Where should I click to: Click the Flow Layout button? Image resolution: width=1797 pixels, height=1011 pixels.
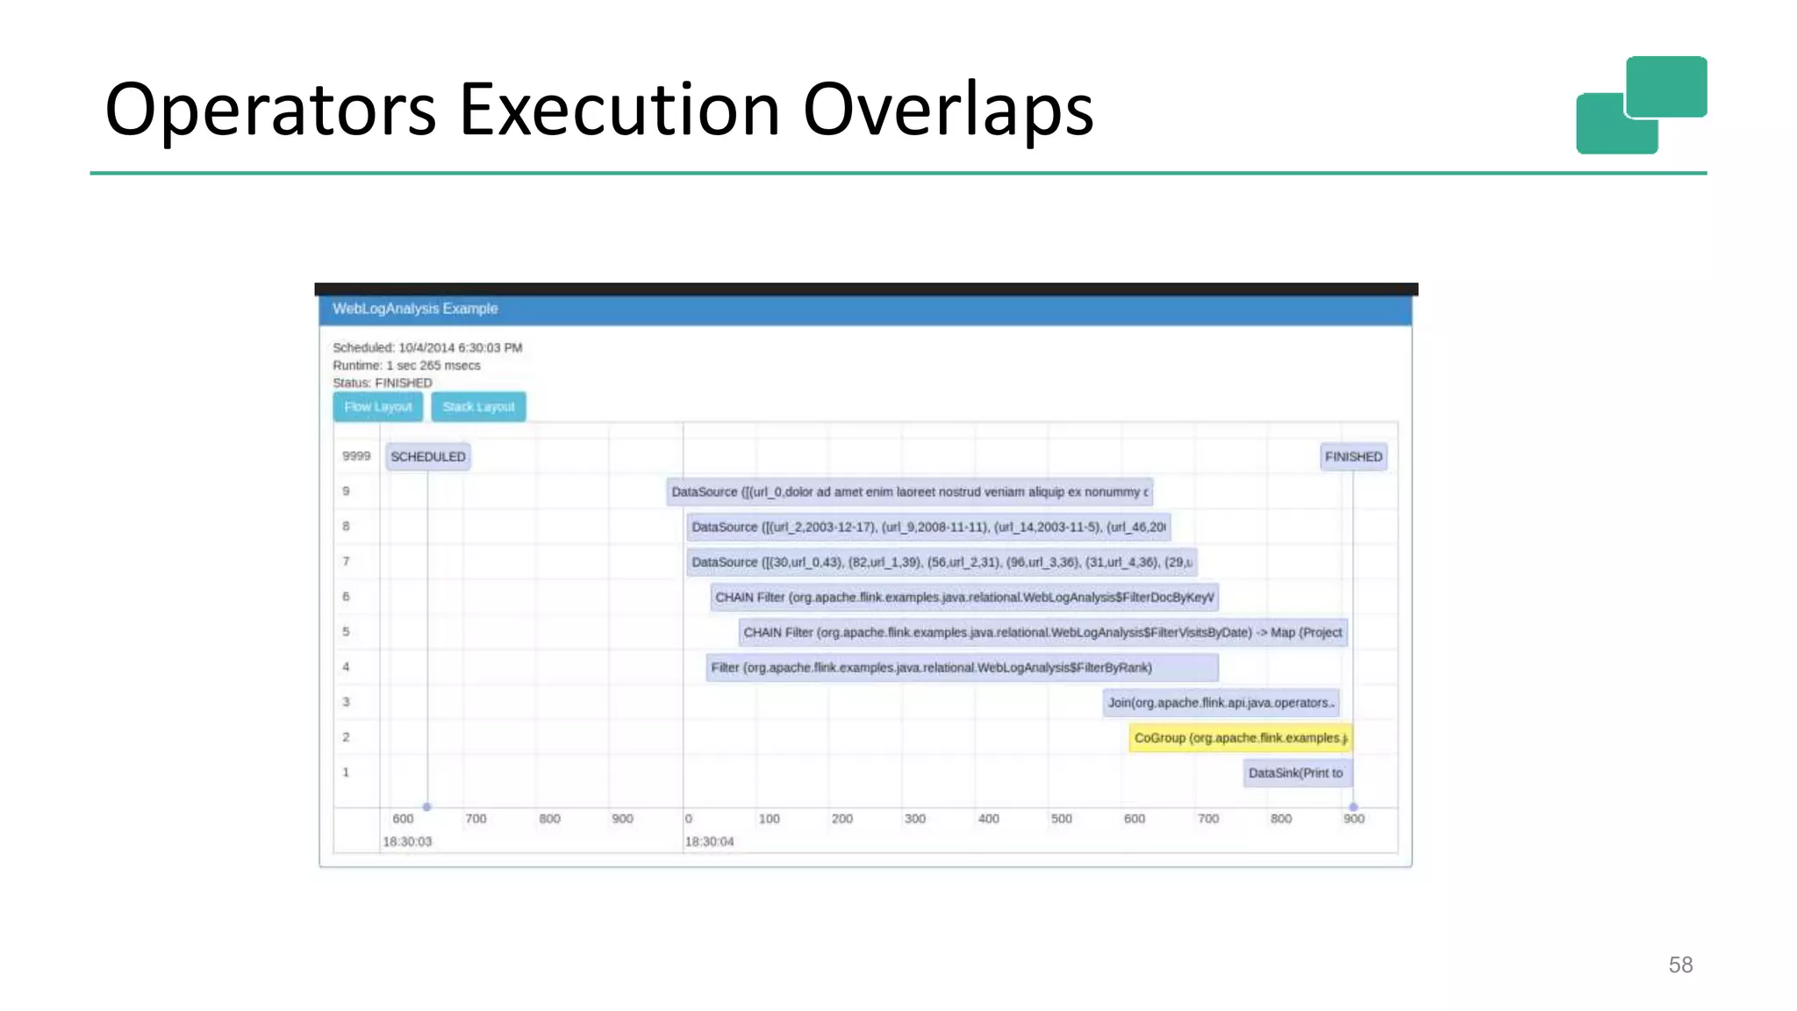pyautogui.click(x=377, y=407)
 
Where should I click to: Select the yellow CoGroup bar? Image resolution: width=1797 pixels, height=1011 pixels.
pyautogui.click(x=1240, y=738)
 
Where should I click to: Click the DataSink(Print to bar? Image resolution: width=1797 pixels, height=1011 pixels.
pyautogui.click(x=1296, y=773)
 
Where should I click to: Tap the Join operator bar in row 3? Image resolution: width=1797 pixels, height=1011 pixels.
pyautogui.click(x=1221, y=703)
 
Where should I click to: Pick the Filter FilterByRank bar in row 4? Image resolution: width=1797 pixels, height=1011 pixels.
pyautogui.click(x=962, y=668)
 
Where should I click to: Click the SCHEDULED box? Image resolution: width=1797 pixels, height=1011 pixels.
pyautogui.click(x=428, y=457)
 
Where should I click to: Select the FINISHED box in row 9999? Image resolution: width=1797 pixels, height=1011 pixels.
pyautogui.click(x=1353, y=457)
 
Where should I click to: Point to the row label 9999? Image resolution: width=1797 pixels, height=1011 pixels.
pyautogui.click(x=356, y=456)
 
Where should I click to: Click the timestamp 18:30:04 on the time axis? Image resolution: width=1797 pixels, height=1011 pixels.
pyautogui.click(x=709, y=842)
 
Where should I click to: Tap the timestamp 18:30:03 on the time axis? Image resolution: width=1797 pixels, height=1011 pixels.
pyautogui.click(x=407, y=842)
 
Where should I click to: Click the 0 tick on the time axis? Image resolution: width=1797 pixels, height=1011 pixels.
pyautogui.click(x=689, y=819)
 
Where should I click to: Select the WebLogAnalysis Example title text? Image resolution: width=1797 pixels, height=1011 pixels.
pyautogui.click(x=415, y=309)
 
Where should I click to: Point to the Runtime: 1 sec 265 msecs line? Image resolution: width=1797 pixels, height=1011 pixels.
pyautogui.click(x=406, y=366)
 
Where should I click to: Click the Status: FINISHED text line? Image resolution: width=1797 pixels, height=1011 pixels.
pyautogui.click(x=383, y=384)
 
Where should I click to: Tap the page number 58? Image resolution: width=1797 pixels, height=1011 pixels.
pyautogui.click(x=1680, y=965)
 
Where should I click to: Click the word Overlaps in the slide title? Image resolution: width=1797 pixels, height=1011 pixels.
pyautogui.click(x=948, y=110)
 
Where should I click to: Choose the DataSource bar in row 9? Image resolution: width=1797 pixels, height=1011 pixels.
pyautogui.click(x=909, y=492)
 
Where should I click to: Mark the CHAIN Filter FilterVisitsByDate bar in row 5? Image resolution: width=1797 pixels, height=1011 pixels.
pyautogui.click(x=1042, y=633)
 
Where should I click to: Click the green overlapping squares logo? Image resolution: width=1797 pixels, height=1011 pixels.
pyautogui.click(x=1641, y=105)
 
